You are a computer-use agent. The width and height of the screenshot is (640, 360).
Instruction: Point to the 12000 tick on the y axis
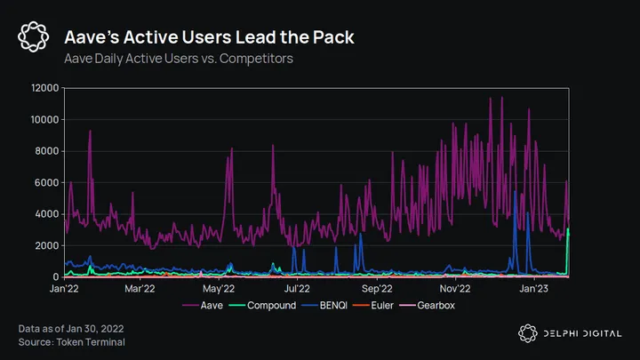pyautogui.click(x=44, y=88)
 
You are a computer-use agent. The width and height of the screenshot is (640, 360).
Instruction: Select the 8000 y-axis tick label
pyautogui.click(x=47, y=151)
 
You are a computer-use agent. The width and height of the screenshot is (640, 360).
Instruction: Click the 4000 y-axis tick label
pyautogui.click(x=47, y=214)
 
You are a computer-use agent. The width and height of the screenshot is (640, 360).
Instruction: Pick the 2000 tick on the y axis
pyautogui.click(x=47, y=245)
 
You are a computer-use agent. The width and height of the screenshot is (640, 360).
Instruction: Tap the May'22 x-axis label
pyautogui.click(x=219, y=289)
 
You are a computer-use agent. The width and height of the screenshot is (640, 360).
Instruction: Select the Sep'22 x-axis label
pyautogui.click(x=377, y=289)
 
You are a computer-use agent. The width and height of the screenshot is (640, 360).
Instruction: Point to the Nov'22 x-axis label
pyautogui.click(x=455, y=289)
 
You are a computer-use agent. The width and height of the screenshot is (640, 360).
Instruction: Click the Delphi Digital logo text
pyautogui.click(x=578, y=332)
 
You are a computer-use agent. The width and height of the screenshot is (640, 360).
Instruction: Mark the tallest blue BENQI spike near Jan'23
pyautogui.click(x=516, y=193)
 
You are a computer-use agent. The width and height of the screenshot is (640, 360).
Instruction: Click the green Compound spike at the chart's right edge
pyautogui.click(x=568, y=231)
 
